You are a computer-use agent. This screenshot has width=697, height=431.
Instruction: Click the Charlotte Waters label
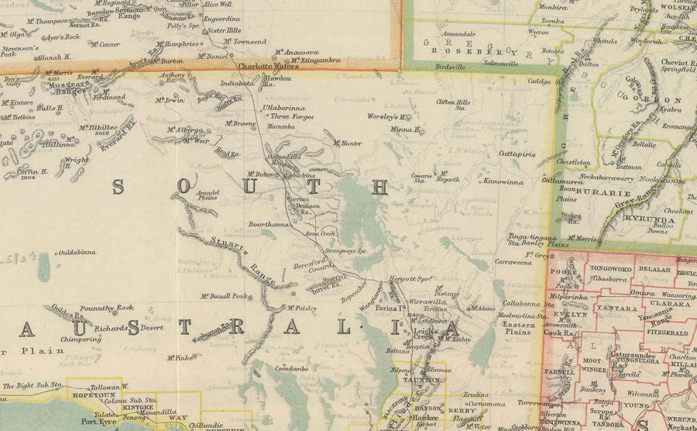pyautogui.click(x=268, y=67)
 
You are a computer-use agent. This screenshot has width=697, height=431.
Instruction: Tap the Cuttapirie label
pyautogui.click(x=517, y=153)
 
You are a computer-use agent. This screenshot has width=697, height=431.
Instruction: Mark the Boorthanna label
pyautogui.click(x=268, y=225)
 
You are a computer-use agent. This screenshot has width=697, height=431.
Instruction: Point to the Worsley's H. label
pyautogui.click(x=388, y=117)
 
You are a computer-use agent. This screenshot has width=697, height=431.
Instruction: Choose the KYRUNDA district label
pyautogui.click(x=655, y=220)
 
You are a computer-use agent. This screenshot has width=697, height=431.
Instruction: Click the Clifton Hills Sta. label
pyautogui.click(x=453, y=105)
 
